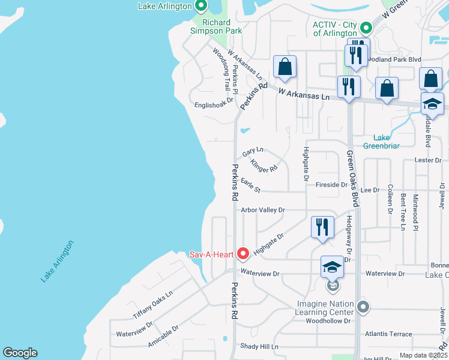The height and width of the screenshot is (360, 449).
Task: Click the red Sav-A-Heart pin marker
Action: click(x=243, y=254)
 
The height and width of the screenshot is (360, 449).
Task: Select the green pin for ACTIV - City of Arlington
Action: click(x=364, y=28)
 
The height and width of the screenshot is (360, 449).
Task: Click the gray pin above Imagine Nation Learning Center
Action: click(x=363, y=307)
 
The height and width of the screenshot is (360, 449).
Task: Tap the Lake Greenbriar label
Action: click(x=381, y=141)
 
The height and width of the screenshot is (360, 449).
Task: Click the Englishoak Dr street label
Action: click(x=213, y=104)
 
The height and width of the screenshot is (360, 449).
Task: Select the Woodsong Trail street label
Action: click(x=221, y=68)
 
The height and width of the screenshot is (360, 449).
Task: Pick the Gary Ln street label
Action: click(x=253, y=150)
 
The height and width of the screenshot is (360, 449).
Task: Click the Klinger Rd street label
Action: click(x=264, y=166)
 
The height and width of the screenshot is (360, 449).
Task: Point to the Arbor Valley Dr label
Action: click(x=262, y=210)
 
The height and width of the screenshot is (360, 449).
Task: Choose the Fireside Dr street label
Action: click(x=331, y=185)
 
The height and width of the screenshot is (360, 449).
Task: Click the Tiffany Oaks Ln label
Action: click(x=152, y=305)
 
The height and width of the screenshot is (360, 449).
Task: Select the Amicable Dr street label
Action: click(x=163, y=337)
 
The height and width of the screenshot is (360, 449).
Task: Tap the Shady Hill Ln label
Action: click(x=259, y=347)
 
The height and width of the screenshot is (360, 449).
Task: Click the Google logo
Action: click(x=20, y=353)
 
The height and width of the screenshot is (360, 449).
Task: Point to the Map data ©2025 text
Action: click(x=423, y=356)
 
